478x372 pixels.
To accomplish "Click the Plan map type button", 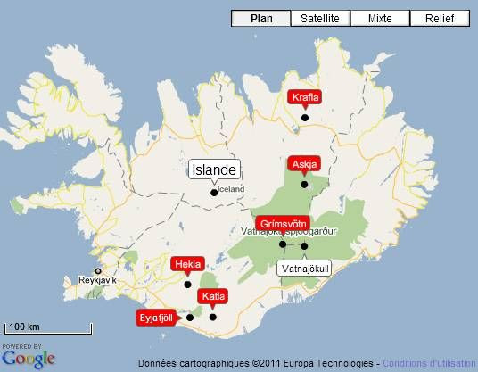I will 261,18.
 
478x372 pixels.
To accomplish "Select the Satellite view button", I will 319,18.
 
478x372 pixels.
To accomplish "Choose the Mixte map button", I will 379,18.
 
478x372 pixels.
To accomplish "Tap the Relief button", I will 439,18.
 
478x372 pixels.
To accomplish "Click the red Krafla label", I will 306,98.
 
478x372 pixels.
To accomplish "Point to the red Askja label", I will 304,164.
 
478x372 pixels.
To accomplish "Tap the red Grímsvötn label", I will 284,223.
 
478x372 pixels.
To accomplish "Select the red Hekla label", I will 188,264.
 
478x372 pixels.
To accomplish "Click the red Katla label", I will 213,296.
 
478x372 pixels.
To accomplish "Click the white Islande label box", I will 214,169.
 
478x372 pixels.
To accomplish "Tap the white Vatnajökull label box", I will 305,268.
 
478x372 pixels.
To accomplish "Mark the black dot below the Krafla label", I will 304,118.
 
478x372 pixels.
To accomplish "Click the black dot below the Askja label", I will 304,185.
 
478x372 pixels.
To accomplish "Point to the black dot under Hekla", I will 187,284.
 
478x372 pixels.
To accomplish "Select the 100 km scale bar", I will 48,328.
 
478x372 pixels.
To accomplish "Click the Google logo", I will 29,359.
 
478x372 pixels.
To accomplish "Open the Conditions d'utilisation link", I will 430,363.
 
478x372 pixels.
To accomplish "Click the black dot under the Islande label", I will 213,191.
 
